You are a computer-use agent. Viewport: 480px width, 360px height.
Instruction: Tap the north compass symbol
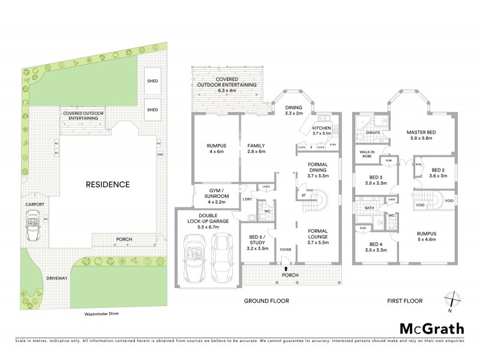pyautogui.click(x=451, y=300)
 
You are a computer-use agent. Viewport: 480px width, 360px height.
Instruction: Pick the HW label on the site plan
pyautogui.click(x=160, y=154)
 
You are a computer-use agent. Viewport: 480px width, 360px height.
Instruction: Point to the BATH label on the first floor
pyautogui.click(x=368, y=208)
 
